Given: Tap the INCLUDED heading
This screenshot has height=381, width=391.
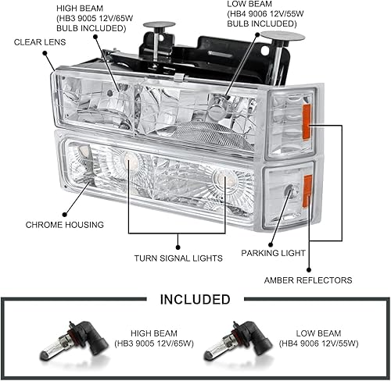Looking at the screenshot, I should (x=195, y=299).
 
